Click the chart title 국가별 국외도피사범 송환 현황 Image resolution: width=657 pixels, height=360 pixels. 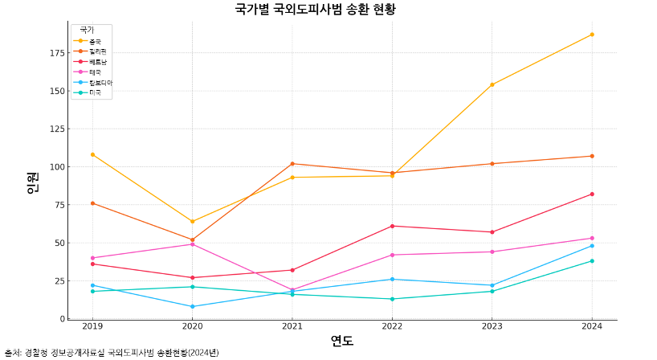pyautogui.click(x=315, y=10)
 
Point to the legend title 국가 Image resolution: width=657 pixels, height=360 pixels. pyautogui.click(x=86, y=30)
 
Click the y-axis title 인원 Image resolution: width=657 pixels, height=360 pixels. pyautogui.click(x=32, y=182)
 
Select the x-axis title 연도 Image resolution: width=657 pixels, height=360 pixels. pyautogui.click(x=342, y=340)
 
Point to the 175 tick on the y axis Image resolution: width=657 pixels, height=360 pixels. pyautogui.click(x=56, y=53)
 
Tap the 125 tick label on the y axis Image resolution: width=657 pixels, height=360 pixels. pyautogui.click(x=56, y=129)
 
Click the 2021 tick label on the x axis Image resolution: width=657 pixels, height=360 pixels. pyautogui.click(x=292, y=326)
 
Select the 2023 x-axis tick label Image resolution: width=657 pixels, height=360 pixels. pyautogui.click(x=492, y=326)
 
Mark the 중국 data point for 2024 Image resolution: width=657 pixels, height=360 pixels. pyautogui.click(x=592, y=35)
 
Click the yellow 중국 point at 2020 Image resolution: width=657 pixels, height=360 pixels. pyautogui.click(x=192, y=221)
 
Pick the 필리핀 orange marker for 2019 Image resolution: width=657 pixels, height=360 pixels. pyautogui.click(x=92, y=203)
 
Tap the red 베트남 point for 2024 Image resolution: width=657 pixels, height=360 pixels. pyautogui.click(x=592, y=194)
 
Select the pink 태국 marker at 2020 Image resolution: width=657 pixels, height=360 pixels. pyautogui.click(x=192, y=244)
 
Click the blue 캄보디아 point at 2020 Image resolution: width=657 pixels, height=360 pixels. pyautogui.click(x=192, y=306)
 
